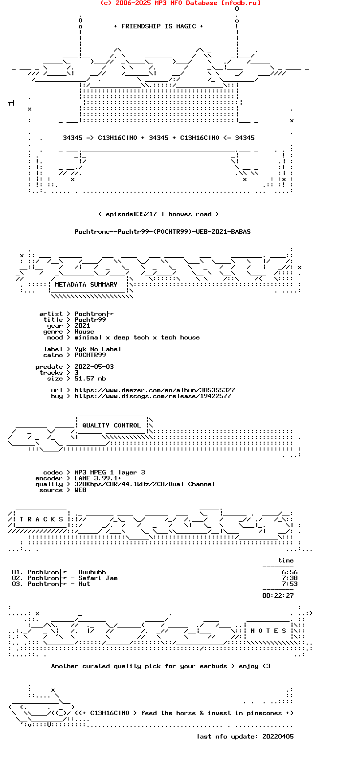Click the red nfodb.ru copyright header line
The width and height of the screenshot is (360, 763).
tap(180, 3)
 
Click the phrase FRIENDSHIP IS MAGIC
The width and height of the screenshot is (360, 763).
tap(158, 26)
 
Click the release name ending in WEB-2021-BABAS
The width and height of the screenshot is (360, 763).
tap(162, 232)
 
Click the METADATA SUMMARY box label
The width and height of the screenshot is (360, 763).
tap(86, 285)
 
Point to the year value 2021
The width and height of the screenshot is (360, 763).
tap(82, 326)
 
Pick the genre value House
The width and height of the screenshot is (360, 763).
tap(84, 332)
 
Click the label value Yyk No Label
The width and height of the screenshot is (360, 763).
tap(98, 349)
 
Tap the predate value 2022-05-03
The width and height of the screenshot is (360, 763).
tap(94, 367)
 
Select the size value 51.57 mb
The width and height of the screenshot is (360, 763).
tap(90, 379)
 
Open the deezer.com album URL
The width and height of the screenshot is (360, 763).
tap(155, 390)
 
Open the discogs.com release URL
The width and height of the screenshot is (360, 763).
tap(153, 396)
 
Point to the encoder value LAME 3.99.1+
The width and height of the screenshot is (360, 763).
tap(98, 478)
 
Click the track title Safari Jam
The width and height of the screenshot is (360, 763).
tap(98, 578)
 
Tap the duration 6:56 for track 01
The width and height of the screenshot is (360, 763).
tap(290, 572)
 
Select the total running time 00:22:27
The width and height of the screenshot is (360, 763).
tap(278, 596)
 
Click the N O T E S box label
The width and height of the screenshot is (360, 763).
tap(268, 631)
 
